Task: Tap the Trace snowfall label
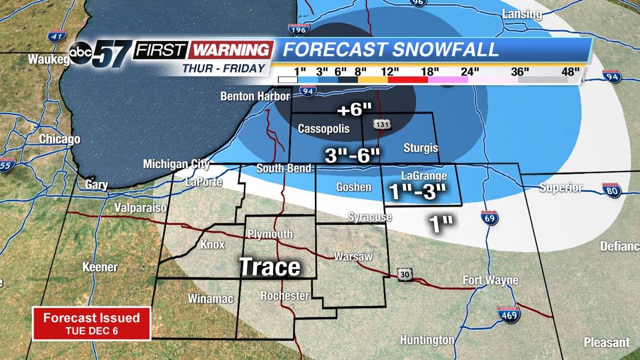(x=269, y=266)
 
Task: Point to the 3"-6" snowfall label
(x=353, y=155)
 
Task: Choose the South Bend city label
(x=283, y=169)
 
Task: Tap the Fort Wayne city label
(x=490, y=280)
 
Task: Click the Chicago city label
(x=59, y=140)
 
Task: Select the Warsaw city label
(x=353, y=257)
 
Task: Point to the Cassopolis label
(x=324, y=129)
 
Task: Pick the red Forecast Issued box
(x=91, y=323)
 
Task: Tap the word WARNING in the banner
(x=230, y=50)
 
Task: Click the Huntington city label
(x=427, y=340)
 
